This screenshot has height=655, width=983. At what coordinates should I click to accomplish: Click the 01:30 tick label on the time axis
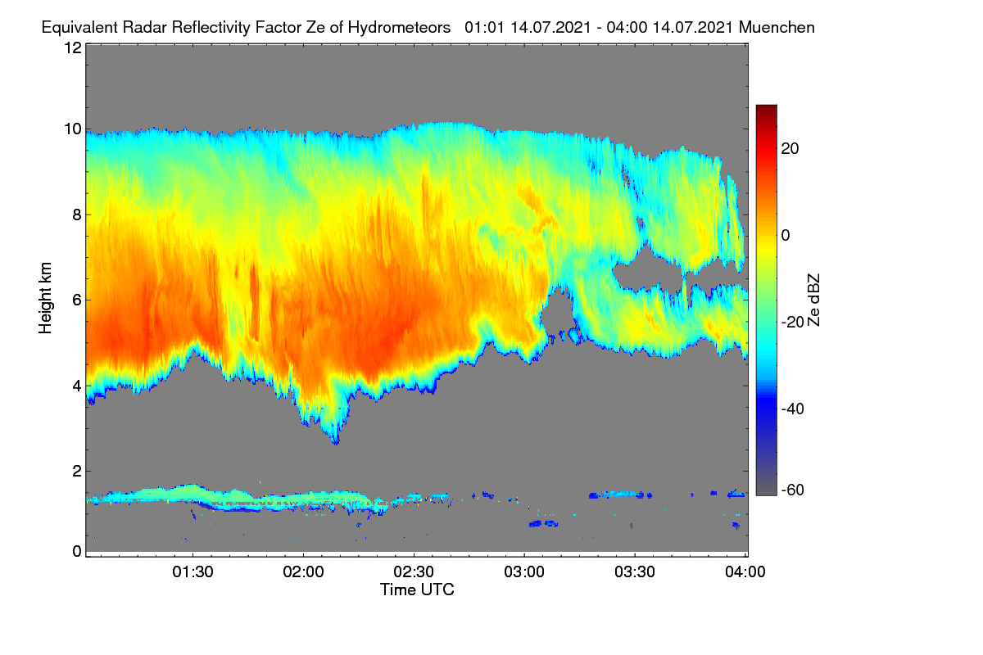pyautogui.click(x=193, y=571)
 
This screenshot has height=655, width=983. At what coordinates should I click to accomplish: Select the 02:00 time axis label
pyautogui.click(x=303, y=571)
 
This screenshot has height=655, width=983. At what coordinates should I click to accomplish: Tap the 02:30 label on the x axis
pyautogui.click(x=414, y=571)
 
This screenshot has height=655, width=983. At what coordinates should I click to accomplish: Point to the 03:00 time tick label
pyautogui.click(x=524, y=571)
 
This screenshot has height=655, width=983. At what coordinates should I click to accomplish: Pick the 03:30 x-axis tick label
pyautogui.click(x=635, y=571)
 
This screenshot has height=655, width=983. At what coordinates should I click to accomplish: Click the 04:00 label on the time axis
pyautogui.click(x=745, y=571)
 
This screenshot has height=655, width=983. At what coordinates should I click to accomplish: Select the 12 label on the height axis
pyautogui.click(x=73, y=47)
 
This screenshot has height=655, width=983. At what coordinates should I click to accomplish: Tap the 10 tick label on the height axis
pyautogui.click(x=73, y=129)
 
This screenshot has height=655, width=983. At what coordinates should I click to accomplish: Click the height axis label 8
pyautogui.click(x=77, y=215)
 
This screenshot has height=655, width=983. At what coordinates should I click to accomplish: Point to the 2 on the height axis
pyautogui.click(x=77, y=471)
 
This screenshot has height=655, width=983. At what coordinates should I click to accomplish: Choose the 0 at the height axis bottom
pyautogui.click(x=77, y=551)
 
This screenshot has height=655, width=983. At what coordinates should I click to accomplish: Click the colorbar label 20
pyautogui.click(x=790, y=149)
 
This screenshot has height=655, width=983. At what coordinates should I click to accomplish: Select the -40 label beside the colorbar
pyautogui.click(x=793, y=409)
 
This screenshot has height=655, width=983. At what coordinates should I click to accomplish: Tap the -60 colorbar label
pyautogui.click(x=793, y=490)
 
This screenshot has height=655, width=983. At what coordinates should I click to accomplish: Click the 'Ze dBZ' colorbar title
pyautogui.click(x=813, y=300)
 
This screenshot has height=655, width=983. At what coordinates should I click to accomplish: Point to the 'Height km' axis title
pyautogui.click(x=45, y=298)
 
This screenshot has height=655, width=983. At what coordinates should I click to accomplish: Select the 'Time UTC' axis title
pyautogui.click(x=417, y=589)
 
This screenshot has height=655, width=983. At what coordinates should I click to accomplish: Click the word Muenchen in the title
pyautogui.click(x=777, y=27)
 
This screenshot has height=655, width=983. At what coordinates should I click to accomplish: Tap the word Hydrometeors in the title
pyautogui.click(x=399, y=28)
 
